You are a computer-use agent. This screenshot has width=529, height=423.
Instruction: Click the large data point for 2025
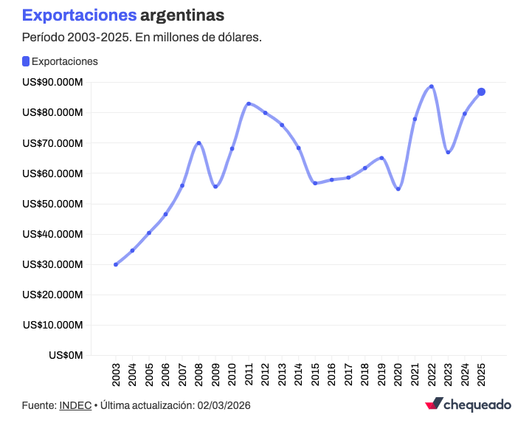tap(481, 92)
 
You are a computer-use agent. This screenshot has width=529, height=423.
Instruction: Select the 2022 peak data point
tap(432, 86)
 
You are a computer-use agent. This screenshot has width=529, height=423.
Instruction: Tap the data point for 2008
tap(199, 143)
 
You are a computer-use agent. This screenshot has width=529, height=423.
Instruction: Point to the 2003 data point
tap(116, 264)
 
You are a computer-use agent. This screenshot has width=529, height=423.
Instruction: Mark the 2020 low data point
tap(398, 189)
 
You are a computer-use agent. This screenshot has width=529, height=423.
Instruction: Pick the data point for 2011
tap(249, 104)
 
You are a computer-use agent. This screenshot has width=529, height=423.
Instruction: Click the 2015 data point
tap(315, 183)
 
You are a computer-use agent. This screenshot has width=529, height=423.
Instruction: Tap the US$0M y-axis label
tap(66, 355)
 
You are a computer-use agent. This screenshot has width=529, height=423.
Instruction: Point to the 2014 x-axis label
tap(299, 375)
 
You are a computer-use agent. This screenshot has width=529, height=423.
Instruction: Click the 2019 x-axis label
tap(381, 375)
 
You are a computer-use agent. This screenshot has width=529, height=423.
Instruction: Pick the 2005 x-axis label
tap(149, 375)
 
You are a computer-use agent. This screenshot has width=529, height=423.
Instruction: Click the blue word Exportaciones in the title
tap(79, 16)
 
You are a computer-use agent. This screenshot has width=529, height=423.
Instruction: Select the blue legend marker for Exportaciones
tap(26, 61)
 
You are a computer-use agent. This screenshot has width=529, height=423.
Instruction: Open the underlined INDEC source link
tap(75, 405)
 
